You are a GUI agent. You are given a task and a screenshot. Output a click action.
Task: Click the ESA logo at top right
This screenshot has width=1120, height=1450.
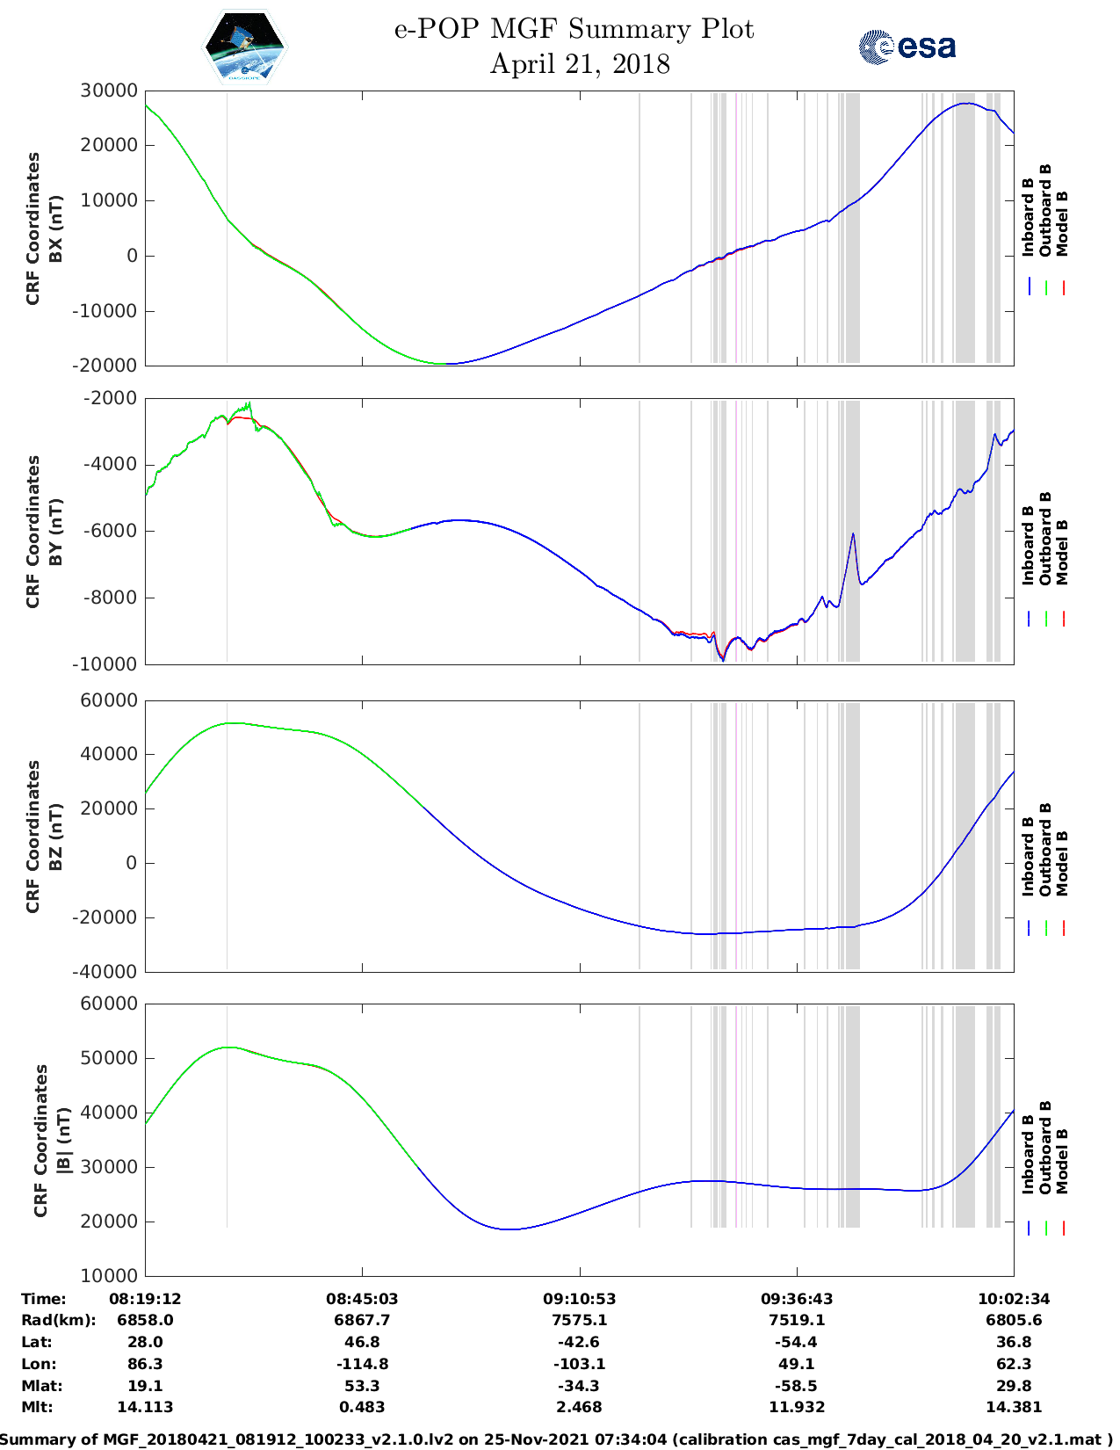[907, 47]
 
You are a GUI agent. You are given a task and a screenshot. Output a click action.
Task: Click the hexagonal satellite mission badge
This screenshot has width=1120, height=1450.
[244, 47]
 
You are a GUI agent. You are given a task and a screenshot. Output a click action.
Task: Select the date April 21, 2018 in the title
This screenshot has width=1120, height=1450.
[580, 64]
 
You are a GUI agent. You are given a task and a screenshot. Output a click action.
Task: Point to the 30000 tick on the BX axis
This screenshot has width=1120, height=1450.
[109, 91]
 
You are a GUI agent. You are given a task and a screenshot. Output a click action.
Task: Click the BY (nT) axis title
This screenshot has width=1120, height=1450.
[55, 531]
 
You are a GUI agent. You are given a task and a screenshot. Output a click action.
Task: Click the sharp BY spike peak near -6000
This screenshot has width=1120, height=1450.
[852, 534]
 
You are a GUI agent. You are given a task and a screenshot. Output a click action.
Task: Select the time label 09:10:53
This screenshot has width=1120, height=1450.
[579, 1299]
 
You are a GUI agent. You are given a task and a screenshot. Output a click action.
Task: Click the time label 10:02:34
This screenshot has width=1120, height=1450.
[1014, 1299]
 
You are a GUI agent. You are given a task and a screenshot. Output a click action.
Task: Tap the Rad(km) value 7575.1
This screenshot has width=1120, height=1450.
[579, 1320]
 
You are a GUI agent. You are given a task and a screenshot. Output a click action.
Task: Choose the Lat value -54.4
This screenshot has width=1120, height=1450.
[797, 1342]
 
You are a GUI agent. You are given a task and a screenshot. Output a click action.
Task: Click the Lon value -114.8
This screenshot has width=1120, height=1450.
[362, 1364]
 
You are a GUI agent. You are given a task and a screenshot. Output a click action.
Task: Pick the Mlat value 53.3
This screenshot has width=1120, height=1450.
[362, 1386]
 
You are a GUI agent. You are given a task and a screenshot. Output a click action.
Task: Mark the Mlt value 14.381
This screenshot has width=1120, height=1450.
[1014, 1407]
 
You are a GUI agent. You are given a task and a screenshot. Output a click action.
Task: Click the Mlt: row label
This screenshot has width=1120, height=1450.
[37, 1407]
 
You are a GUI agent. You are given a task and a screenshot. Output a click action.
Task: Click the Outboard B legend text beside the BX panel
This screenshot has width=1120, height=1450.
[1045, 211]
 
